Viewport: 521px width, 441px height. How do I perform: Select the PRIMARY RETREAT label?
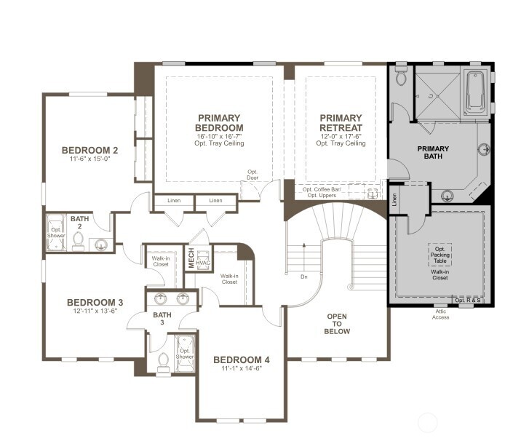(341, 123)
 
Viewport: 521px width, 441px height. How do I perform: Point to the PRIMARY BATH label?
(432, 153)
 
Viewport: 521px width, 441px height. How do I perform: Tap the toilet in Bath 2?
(78, 240)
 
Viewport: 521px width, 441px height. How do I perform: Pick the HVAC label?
(204, 263)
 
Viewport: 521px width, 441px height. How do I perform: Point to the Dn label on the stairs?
(303, 277)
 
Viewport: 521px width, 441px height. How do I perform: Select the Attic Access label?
(440, 314)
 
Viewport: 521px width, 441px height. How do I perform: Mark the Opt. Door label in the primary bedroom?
(252, 175)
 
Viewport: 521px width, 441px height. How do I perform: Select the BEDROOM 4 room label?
(242, 360)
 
